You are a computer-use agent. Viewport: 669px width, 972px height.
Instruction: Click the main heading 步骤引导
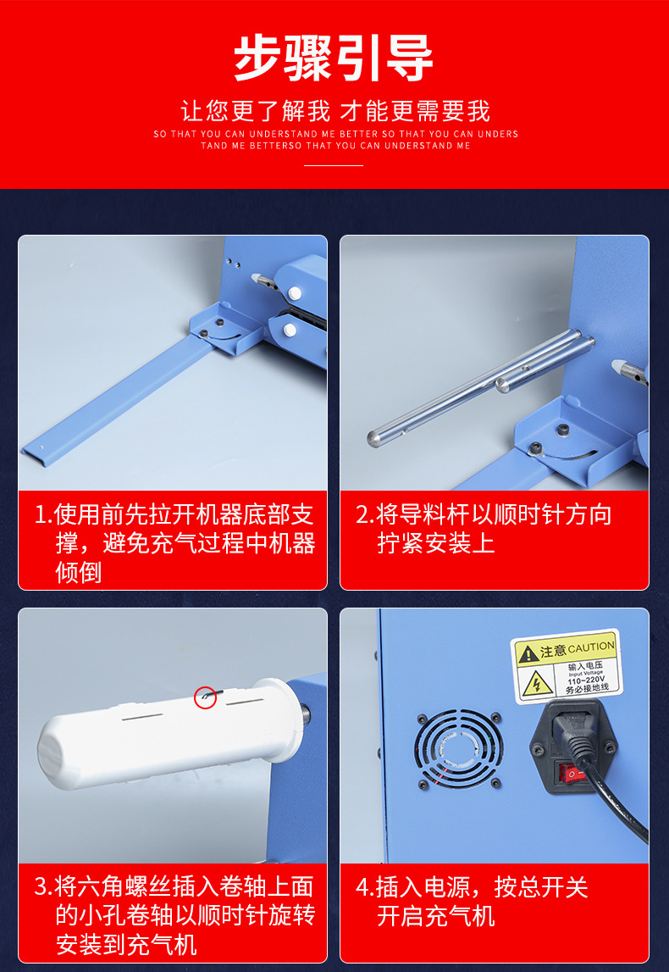coord(334,58)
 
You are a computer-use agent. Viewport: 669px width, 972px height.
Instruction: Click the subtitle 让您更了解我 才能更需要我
coord(335,111)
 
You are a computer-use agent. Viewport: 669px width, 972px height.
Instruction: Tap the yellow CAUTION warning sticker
coord(567,666)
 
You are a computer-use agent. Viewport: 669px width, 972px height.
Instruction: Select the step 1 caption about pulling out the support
coord(174,543)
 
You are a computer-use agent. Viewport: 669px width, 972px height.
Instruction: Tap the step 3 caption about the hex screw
coord(174,916)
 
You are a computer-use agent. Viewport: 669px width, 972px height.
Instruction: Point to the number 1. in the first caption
coord(43,515)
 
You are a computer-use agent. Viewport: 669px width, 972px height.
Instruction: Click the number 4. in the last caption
coord(364,888)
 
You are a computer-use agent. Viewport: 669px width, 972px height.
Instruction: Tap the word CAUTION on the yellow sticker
coord(591,648)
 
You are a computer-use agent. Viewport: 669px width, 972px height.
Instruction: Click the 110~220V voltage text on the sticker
coord(587,680)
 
